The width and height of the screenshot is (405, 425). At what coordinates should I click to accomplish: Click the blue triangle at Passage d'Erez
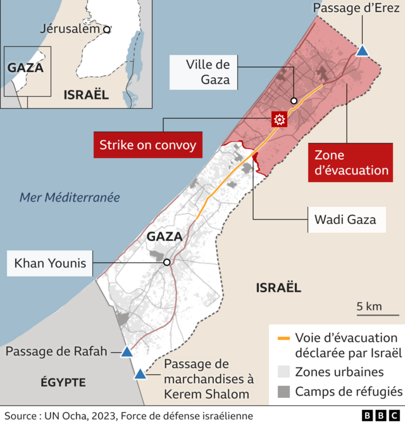click(363, 51)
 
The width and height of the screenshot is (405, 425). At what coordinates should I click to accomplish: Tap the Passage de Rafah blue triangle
click(127, 352)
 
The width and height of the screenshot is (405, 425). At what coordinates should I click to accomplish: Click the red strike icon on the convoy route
click(278, 119)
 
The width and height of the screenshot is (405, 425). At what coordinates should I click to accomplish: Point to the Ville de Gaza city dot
click(294, 101)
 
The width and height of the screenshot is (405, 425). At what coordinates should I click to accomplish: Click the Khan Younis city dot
click(166, 262)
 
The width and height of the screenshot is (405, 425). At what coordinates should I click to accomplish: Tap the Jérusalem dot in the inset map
click(107, 29)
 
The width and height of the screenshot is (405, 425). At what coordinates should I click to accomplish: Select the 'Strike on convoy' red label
click(147, 145)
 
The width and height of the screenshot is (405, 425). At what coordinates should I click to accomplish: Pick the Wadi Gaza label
click(345, 219)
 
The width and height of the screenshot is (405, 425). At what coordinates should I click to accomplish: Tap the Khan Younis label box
click(50, 262)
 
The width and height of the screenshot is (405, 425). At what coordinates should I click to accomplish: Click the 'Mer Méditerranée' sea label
click(70, 197)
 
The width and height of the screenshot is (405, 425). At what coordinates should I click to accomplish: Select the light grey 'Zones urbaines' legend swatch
click(283, 372)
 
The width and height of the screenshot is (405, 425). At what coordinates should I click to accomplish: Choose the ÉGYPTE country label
click(63, 382)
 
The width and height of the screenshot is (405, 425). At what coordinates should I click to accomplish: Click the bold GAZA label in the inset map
click(25, 68)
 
